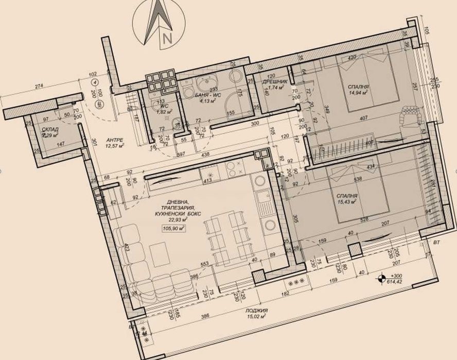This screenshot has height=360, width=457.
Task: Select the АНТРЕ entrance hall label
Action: click(x=114, y=140)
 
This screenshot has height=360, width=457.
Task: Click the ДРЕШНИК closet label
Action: click(x=271, y=82)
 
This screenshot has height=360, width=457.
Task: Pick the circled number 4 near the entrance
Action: click(x=95, y=81)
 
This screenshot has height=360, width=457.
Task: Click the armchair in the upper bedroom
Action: click(x=411, y=114)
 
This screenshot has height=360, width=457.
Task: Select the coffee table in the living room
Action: click(x=159, y=253)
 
